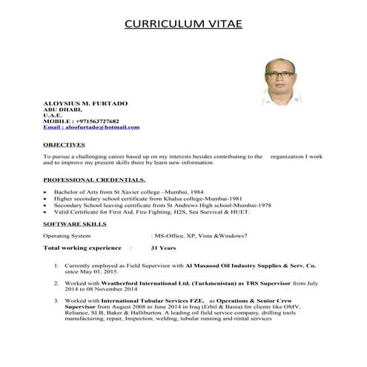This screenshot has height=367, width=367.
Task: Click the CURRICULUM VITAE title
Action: (x=183, y=23)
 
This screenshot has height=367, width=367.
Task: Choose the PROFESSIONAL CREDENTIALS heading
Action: (x=93, y=180)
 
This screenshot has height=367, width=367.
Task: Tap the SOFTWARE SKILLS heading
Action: (x=74, y=222)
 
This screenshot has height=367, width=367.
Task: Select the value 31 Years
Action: (x=163, y=248)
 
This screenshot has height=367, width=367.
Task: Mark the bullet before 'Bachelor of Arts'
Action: (x=46, y=193)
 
